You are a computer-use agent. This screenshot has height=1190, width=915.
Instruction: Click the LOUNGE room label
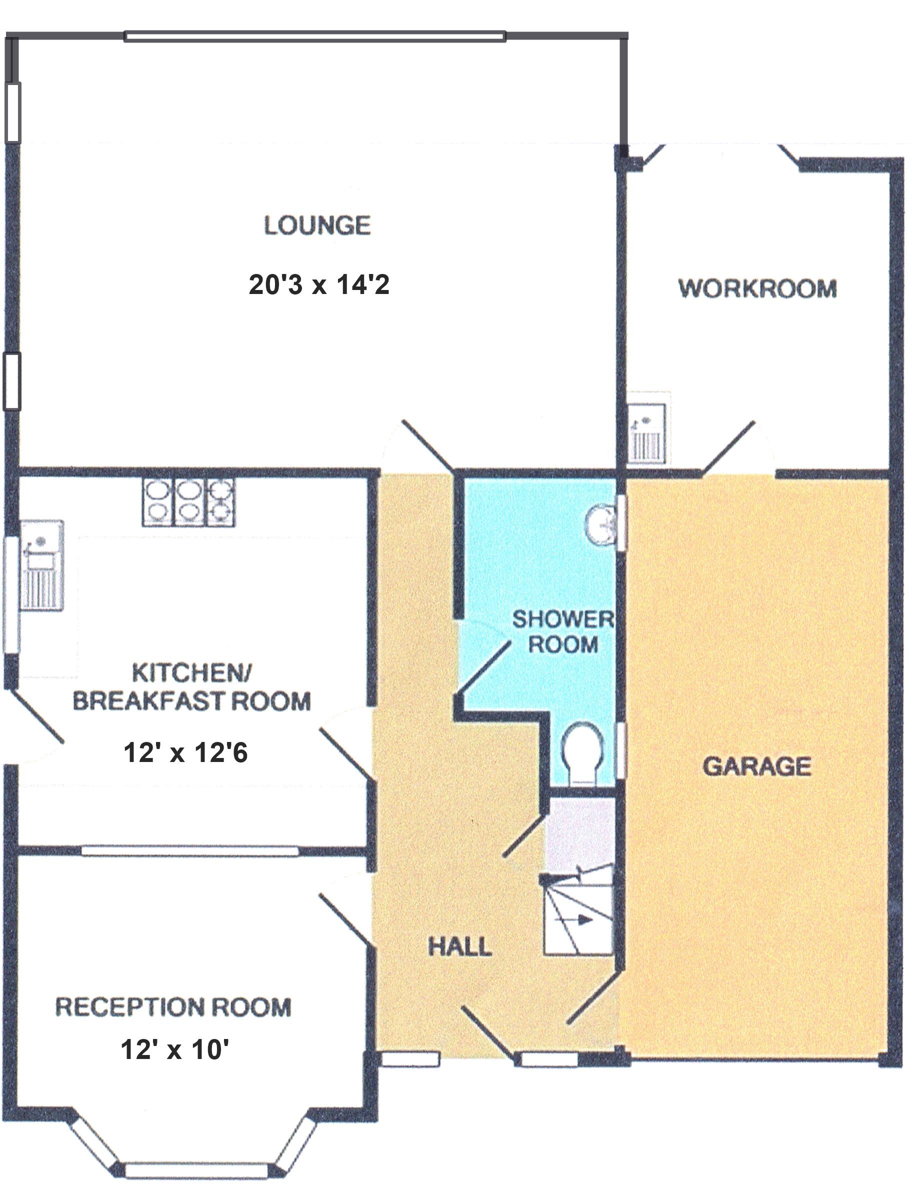[x=317, y=225]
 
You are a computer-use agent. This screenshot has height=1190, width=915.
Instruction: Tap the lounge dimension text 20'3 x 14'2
[x=319, y=284]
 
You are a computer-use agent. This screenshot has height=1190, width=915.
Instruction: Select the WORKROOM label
[x=757, y=288]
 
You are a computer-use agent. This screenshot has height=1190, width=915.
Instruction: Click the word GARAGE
[x=756, y=766]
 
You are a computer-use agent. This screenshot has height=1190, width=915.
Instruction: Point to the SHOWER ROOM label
[x=562, y=632]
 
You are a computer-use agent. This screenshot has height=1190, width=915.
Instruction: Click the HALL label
[x=460, y=946]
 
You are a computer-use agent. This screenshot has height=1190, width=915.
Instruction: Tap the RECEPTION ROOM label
[x=173, y=1007]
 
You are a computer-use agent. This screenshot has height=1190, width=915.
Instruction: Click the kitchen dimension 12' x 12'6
[x=185, y=752]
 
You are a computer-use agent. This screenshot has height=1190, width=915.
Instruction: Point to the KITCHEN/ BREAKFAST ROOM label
[x=191, y=687]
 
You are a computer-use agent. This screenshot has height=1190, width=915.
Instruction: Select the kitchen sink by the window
[x=41, y=564]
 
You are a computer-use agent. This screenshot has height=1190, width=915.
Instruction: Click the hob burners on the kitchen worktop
[x=188, y=501]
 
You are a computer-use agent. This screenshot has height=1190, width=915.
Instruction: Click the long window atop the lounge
[x=315, y=37]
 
